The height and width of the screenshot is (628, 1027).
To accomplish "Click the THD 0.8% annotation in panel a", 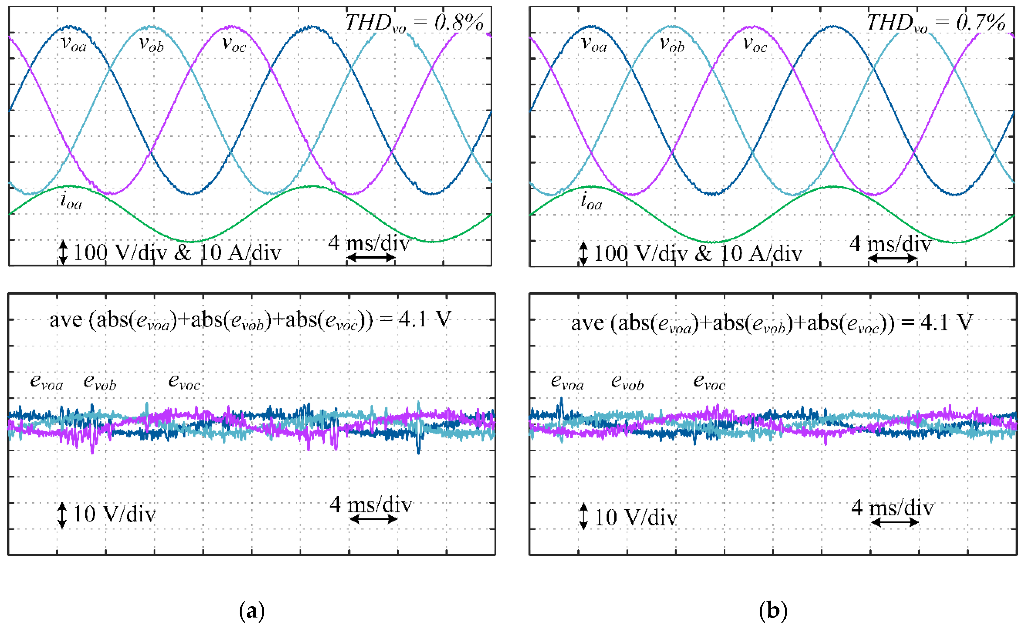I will (415, 23).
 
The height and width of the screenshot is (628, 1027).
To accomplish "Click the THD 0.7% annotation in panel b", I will (935, 23).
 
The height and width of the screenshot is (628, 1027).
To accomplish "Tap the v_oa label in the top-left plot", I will (74, 44).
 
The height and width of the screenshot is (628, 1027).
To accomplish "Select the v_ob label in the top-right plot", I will (672, 44).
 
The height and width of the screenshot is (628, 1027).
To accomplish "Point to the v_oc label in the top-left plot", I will (234, 44).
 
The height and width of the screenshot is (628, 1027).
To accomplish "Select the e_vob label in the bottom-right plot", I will (627, 382).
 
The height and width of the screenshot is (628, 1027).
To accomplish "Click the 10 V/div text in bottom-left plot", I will (114, 515).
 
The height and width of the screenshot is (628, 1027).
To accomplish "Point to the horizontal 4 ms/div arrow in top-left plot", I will (371, 258).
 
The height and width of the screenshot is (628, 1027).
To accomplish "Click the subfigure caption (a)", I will (252, 611).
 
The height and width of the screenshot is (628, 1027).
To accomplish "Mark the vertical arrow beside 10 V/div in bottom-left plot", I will (62, 515).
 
